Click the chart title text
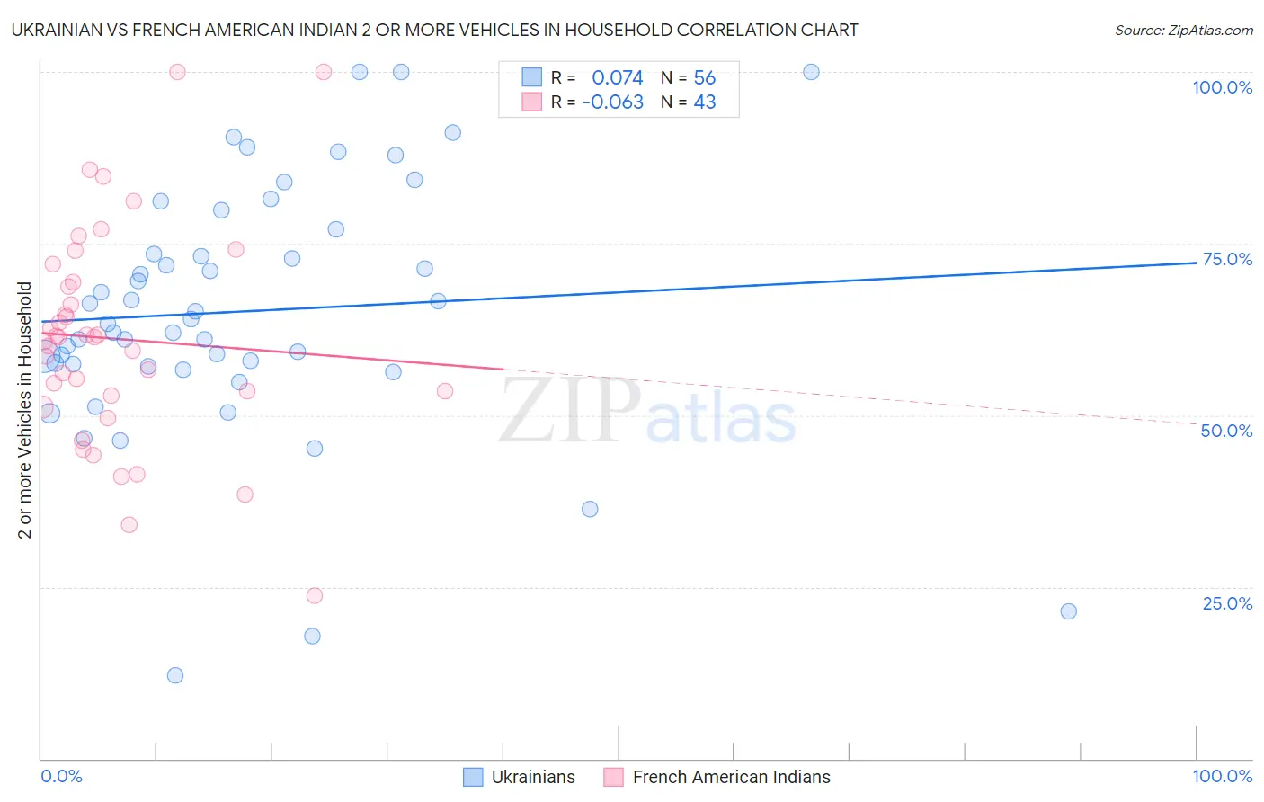pos(434,31)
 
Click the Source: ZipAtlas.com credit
pos(1183,31)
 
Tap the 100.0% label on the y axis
pos(1222,88)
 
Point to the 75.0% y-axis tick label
pos(1227,260)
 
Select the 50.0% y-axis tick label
pos(1226,432)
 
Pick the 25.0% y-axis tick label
pos(1227,603)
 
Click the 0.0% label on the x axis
pos(61,777)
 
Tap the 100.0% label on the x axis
pos(1222,777)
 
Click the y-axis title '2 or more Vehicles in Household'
pos(25,410)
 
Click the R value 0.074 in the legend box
pos(617,78)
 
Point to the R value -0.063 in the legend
pos(612,102)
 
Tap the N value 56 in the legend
pos(705,78)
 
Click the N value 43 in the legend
pos(705,102)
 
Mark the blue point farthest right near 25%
pos(1068,611)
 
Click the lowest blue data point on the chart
pos(175,675)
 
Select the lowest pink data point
pos(315,595)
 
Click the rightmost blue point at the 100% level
pos(811,72)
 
